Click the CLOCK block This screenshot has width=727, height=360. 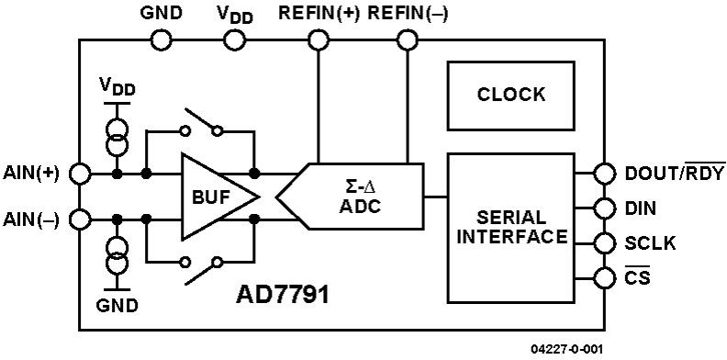pos(510,95)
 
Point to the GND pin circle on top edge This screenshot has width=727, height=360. pos(161,39)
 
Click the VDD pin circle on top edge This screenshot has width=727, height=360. pos(236,39)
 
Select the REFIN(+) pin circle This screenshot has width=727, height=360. pos(318,39)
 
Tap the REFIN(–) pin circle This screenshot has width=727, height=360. pos(407,39)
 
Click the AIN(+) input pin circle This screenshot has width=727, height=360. pos(80,173)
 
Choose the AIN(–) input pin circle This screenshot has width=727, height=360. pos(80,219)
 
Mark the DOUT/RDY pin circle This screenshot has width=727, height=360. pos(603,173)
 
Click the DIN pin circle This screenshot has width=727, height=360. pos(603,208)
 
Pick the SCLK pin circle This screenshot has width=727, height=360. pos(603,242)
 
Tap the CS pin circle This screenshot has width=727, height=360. pos(603,276)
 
